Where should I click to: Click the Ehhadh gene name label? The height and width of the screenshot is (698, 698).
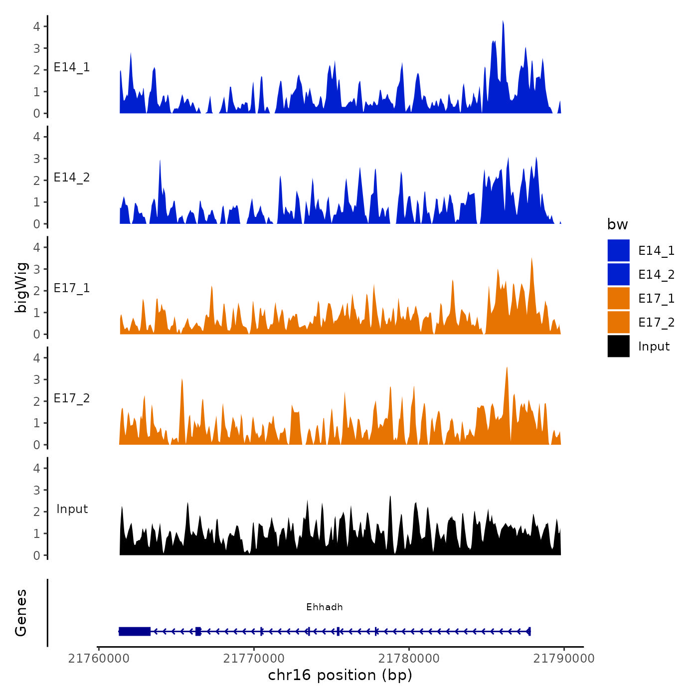point(324,607)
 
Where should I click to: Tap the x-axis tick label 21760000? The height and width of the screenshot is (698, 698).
point(99,658)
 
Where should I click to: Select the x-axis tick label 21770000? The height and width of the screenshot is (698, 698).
point(254,658)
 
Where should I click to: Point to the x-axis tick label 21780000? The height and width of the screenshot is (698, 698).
point(409,658)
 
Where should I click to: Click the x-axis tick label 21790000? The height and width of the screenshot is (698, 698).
point(564,658)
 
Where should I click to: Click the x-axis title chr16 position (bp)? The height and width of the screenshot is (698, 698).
point(340,675)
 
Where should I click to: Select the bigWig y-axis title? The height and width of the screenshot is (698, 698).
point(21,287)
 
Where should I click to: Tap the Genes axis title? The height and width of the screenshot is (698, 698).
point(21,613)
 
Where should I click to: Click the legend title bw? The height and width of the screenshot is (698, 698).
point(617,224)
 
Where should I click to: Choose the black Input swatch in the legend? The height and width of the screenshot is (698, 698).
point(618,346)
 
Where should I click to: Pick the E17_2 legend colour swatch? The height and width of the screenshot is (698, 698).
point(618,322)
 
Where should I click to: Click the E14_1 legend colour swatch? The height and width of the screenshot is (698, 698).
point(618,250)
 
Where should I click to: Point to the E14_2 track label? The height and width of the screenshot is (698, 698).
point(72,177)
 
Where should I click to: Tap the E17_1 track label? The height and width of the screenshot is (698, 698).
point(72,288)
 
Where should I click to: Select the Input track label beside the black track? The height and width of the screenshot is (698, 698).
point(72,509)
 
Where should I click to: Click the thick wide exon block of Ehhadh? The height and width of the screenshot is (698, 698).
point(135,631)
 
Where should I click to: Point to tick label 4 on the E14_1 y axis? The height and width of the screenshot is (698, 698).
point(36,26)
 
